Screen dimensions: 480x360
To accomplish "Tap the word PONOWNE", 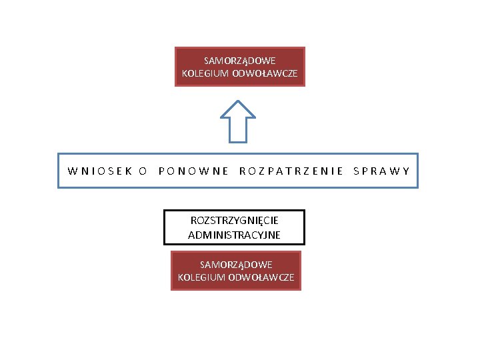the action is click(194, 171).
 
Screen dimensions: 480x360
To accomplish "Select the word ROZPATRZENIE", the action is click(291, 171).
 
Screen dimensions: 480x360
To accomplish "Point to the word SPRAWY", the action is click(381, 171).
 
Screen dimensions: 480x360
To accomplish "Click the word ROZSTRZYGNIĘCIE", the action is click(234, 220).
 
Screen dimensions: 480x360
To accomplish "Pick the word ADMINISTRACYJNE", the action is click(234, 235).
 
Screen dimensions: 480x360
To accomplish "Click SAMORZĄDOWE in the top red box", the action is click(240, 60).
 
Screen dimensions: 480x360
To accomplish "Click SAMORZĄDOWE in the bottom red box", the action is click(236, 265).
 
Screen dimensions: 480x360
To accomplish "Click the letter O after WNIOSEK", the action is click(142, 171).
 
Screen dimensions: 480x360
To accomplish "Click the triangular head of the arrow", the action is click(238, 110).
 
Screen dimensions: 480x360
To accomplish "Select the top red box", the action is click(240, 67).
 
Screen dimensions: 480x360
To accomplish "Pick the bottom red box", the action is click(236, 271).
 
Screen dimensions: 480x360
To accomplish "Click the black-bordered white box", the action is click(234, 227).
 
